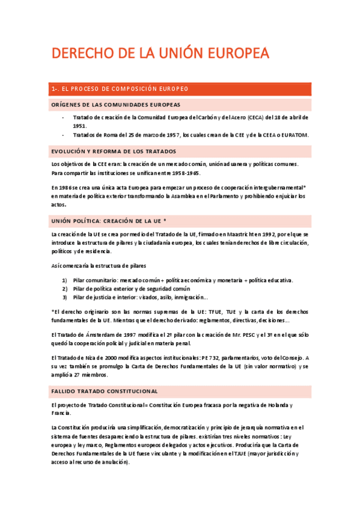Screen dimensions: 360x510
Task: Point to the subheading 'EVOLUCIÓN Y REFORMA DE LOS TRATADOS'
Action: click(114, 152)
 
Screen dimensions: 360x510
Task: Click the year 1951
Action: click(79, 126)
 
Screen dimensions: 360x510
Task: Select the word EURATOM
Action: click(293, 135)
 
